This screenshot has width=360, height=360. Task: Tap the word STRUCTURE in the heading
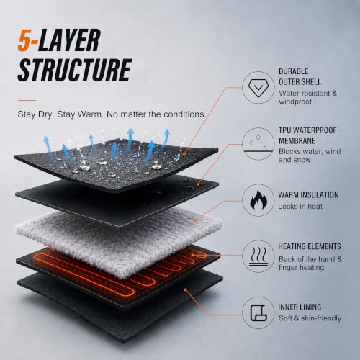75,70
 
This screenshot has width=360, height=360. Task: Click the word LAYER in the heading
69,40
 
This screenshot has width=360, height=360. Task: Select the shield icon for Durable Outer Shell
258,88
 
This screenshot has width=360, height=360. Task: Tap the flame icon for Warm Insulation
258,200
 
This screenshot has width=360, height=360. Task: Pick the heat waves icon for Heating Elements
258,256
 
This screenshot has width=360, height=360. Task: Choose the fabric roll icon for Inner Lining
258,312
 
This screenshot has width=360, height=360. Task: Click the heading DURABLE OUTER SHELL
300,76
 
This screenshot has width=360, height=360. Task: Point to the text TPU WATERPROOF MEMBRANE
307,135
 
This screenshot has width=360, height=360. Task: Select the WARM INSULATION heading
308,194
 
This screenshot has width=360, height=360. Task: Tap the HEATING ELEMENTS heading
310,246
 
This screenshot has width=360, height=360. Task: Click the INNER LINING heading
300,307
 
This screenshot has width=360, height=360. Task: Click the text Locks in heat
300,206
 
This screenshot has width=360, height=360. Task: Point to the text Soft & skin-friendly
310,318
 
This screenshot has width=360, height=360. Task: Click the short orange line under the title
27,100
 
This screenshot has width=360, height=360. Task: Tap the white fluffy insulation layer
118,240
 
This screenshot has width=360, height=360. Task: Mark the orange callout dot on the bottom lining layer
186,290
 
